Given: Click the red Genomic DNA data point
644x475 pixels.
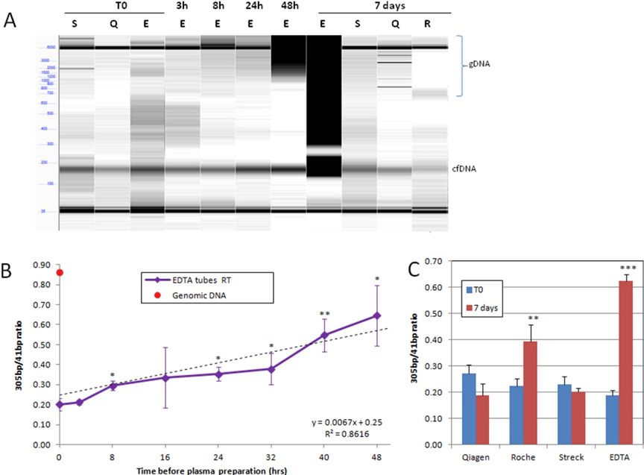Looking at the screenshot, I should click(60, 273).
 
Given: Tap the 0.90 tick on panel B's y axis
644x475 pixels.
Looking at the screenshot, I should click(42, 265).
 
